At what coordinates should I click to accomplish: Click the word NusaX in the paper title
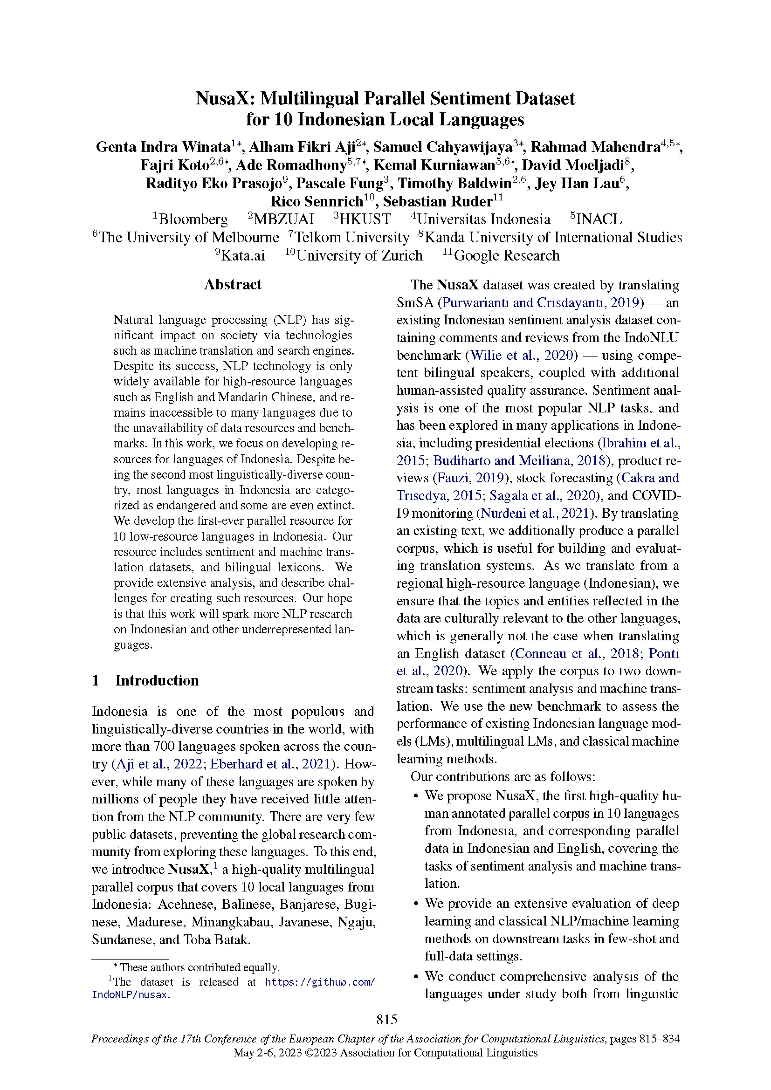(x=222, y=99)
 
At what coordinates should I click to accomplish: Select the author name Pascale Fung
(x=339, y=183)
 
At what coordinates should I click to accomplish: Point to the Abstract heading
(x=233, y=284)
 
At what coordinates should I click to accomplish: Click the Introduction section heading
(x=157, y=680)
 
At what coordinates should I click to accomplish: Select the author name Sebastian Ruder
(x=437, y=202)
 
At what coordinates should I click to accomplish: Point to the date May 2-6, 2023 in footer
(x=267, y=1053)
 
